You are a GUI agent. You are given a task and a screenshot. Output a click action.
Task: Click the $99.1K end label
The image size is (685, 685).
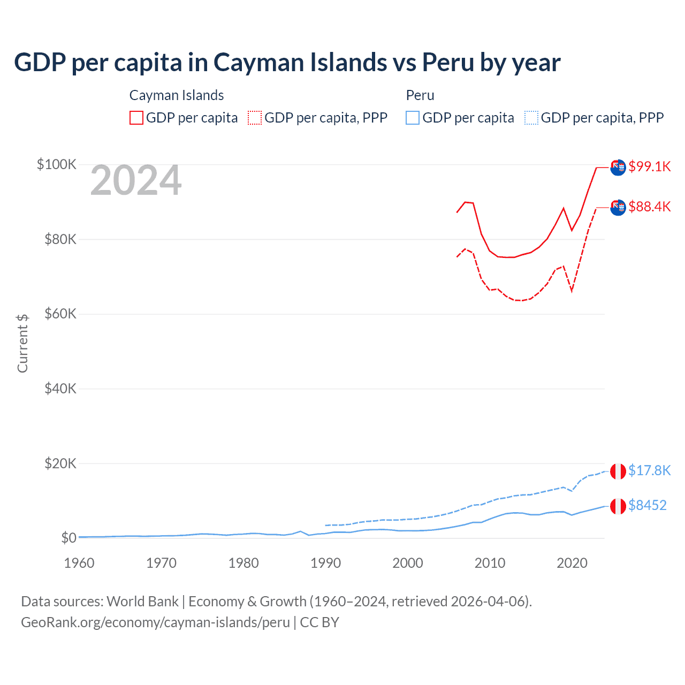pyautogui.click(x=649, y=166)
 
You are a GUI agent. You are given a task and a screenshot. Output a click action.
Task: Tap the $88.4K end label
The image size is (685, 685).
pyautogui.click(x=649, y=207)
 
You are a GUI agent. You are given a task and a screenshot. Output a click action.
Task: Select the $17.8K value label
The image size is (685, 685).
pyautogui.click(x=649, y=470)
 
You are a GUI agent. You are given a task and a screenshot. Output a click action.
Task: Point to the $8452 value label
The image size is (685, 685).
pyautogui.click(x=647, y=505)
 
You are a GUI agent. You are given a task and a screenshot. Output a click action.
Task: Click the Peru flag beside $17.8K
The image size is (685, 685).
pyautogui.click(x=618, y=471)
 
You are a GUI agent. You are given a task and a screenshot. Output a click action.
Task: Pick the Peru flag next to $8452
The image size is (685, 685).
pyautogui.click(x=618, y=506)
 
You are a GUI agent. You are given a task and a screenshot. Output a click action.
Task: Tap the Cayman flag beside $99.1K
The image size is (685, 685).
pyautogui.click(x=618, y=167)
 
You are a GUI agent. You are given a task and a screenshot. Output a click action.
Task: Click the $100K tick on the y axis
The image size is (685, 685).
pyautogui.click(x=56, y=164)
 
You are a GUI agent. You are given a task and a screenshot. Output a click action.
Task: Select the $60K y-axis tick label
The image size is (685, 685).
pyautogui.click(x=60, y=314)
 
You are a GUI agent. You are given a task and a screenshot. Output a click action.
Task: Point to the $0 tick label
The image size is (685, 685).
pyautogui.click(x=68, y=538)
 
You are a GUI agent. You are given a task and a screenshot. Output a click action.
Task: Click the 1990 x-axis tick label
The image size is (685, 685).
pyautogui.click(x=325, y=563)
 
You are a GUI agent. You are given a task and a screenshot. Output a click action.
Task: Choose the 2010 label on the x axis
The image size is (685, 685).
pyautogui.click(x=490, y=563)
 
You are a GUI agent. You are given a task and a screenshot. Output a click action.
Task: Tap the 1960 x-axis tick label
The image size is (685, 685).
pyautogui.click(x=79, y=563)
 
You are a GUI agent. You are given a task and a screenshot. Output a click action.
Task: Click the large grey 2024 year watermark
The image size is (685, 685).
pyautogui.click(x=136, y=181)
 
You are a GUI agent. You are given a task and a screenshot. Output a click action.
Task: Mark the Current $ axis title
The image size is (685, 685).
pyautogui.click(x=22, y=343)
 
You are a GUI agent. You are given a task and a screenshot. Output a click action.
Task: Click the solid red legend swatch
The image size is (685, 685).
pyautogui.click(x=136, y=118)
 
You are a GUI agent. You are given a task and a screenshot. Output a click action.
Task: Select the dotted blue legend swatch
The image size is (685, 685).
pyautogui.click(x=531, y=118)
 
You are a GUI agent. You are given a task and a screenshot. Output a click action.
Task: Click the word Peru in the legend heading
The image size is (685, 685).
pyautogui.click(x=420, y=95)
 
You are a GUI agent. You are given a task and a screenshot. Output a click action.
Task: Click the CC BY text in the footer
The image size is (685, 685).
pyautogui.click(x=319, y=622)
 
